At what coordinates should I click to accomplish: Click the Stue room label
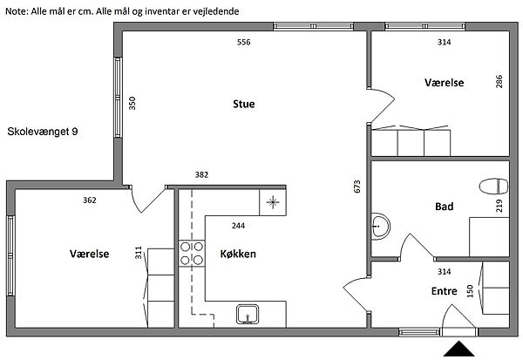coord(244,104)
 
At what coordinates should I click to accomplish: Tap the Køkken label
coord(238,254)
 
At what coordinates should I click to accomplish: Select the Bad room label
coord(445,207)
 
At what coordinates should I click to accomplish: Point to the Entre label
coord(445,291)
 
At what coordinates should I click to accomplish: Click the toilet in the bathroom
coord(493,187)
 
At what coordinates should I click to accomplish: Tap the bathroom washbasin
coord(380,227)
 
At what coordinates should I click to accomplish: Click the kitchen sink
coord(248,314)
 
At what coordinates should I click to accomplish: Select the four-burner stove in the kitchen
coord(192,254)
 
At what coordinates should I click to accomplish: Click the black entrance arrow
coord(459,349)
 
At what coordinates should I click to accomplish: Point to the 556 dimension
coord(244,42)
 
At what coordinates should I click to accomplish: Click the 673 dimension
coord(357,187)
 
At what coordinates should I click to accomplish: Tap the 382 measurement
coord(201,174)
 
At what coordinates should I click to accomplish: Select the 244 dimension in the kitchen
coord(238,226)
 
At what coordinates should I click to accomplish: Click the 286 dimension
coord(499,81)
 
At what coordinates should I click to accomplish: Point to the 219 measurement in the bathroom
coord(499,206)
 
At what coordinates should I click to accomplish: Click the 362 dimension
coord(90,200)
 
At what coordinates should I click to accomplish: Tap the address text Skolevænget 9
coord(43,132)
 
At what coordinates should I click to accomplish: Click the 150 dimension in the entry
coord(471,291)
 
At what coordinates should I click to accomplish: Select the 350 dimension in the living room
coord(132,103)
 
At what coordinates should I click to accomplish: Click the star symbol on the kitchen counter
coord(273,202)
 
